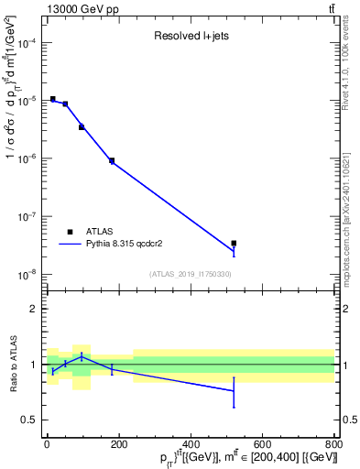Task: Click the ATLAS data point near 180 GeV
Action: pyautogui.click(x=112, y=160)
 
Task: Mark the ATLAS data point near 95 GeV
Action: pyautogui.click(x=82, y=126)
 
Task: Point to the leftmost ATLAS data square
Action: pyautogui.click(x=53, y=99)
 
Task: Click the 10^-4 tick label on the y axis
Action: pyautogui.click(x=27, y=43)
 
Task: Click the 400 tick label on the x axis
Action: pyautogui.click(x=190, y=444)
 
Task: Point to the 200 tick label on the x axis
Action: pyautogui.click(x=118, y=444)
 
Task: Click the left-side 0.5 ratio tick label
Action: pyautogui.click(x=32, y=420)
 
